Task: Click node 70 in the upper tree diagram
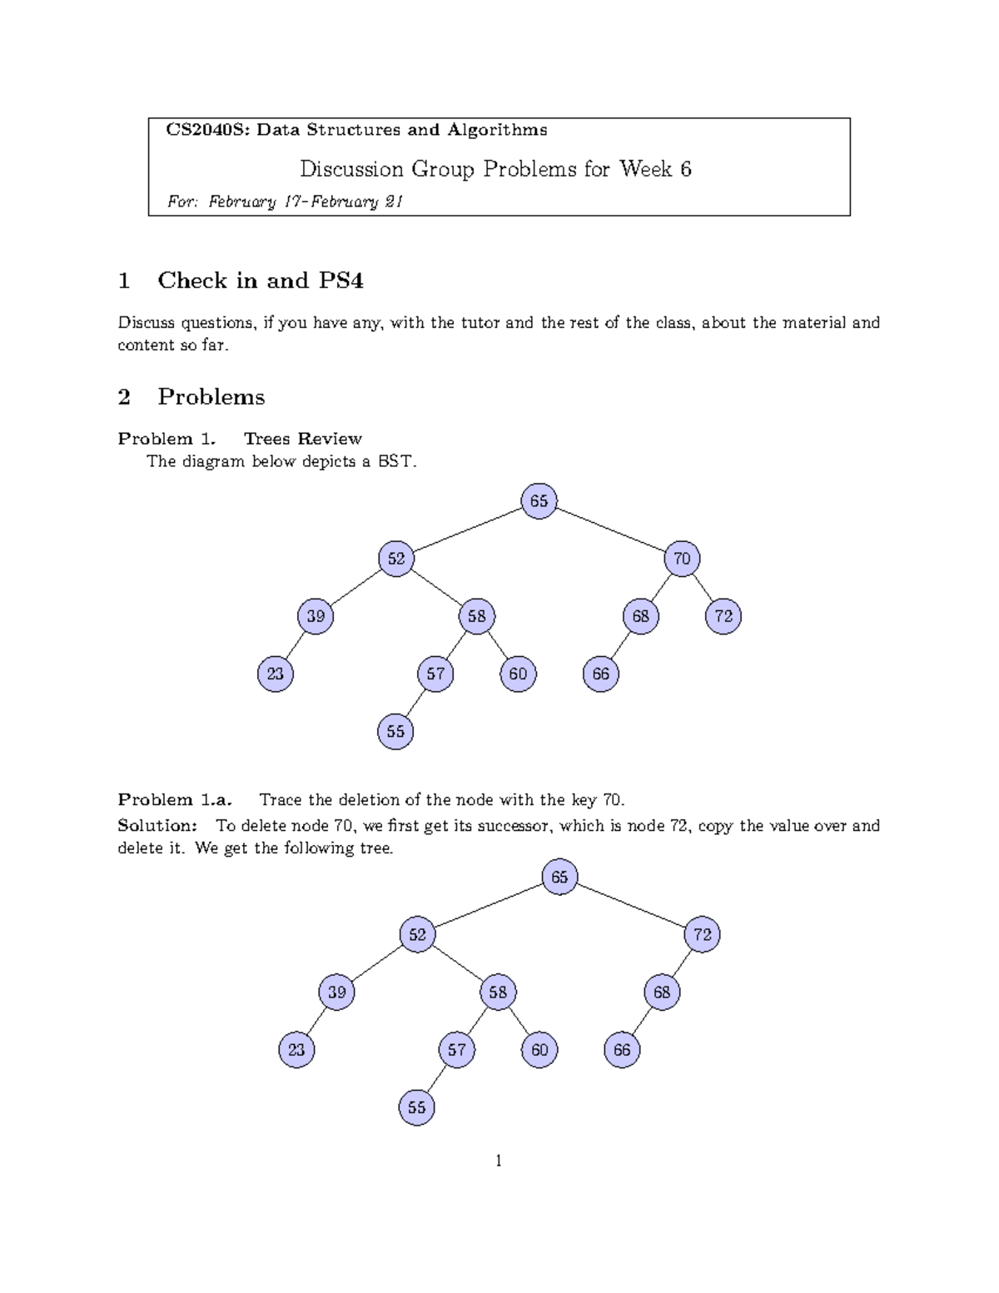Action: (x=682, y=559)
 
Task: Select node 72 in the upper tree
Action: (x=723, y=616)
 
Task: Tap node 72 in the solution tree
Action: (x=703, y=934)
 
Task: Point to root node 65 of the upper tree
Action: (x=539, y=501)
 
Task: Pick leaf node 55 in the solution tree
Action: (x=417, y=1107)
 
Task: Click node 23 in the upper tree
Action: (x=276, y=674)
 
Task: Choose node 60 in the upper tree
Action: (x=518, y=674)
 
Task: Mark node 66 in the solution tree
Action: (x=622, y=1050)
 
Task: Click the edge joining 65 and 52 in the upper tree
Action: (x=467, y=530)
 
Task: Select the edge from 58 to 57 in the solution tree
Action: (x=477, y=1021)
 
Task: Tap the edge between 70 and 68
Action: (x=661, y=588)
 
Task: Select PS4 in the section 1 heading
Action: (x=340, y=281)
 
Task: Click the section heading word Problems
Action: (x=211, y=396)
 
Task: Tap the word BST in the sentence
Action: (x=395, y=460)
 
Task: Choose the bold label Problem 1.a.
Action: (x=174, y=800)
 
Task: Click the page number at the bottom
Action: (x=499, y=1161)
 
